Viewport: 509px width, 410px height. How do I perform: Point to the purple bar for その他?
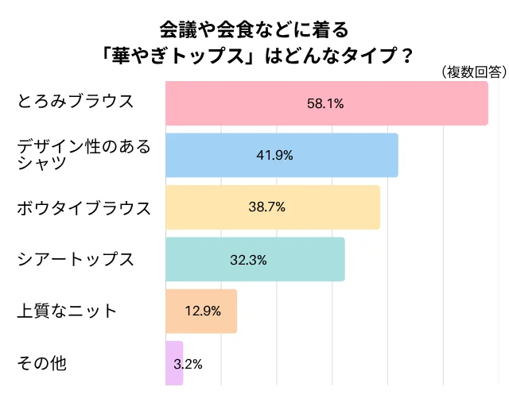click(173, 363)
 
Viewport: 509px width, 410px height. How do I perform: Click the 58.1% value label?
click(325, 103)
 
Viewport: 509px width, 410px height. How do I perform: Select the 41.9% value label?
click(274, 155)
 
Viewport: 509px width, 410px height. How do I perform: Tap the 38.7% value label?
click(266, 207)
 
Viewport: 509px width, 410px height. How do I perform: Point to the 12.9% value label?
click(202, 311)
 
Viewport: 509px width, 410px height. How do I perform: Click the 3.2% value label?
click(188, 364)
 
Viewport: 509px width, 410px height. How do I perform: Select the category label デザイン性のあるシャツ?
click(84, 154)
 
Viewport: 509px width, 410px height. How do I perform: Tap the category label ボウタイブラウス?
click(84, 208)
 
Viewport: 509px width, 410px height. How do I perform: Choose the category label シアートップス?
click(76, 259)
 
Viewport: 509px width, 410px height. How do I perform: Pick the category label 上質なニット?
click(67, 311)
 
